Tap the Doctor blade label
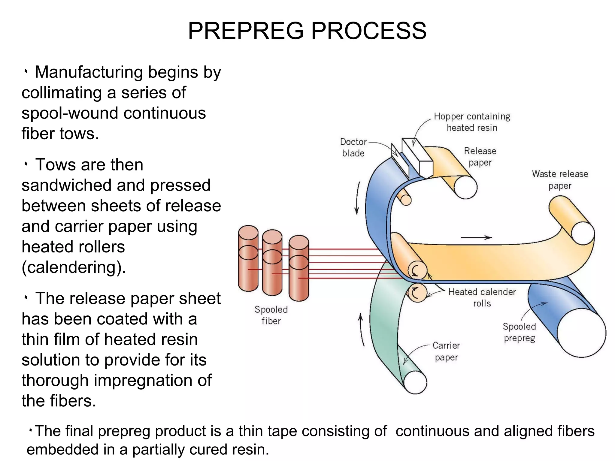point(353,147)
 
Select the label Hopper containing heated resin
point(472,122)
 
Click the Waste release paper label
point(560,179)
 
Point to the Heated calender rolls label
point(482,297)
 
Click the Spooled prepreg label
point(519,332)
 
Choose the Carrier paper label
point(446,351)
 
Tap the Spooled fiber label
point(271,315)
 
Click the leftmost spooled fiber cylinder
point(248,258)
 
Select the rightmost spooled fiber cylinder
point(298,268)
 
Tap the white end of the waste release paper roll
point(583,233)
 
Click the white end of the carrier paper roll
point(415,382)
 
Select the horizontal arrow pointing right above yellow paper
point(476,238)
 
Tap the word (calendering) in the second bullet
point(74,267)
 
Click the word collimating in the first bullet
point(62,92)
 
